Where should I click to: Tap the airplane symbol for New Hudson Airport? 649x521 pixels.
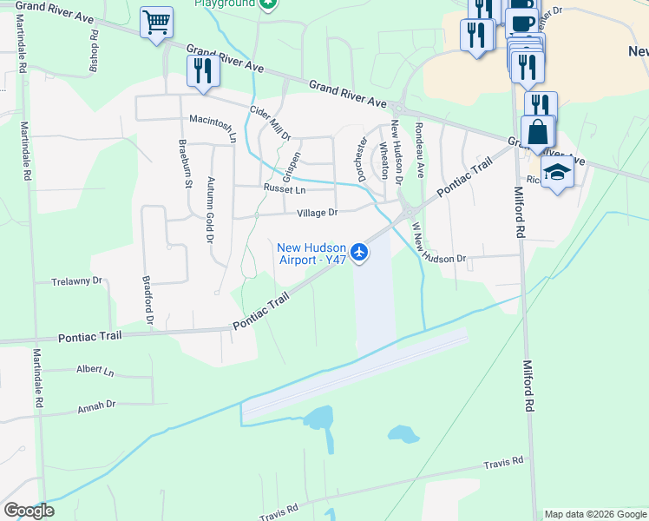[360, 253]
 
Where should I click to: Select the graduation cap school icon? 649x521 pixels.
[557, 172]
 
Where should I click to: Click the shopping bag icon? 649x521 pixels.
[537, 132]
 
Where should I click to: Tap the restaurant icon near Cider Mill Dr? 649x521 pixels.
[202, 70]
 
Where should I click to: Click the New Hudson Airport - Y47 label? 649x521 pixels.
[311, 253]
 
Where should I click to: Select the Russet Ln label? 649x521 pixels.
[285, 189]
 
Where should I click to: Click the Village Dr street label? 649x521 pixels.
[317, 213]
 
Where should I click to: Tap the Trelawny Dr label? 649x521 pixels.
[77, 281]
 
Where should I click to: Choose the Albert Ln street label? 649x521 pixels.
[95, 371]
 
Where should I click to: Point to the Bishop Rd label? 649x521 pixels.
[94, 54]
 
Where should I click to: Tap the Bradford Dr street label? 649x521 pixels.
[147, 301]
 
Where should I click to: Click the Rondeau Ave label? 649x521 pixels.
[419, 148]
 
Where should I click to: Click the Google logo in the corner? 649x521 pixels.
[29, 511]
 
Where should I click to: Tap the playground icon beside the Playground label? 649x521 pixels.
[268, 4]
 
